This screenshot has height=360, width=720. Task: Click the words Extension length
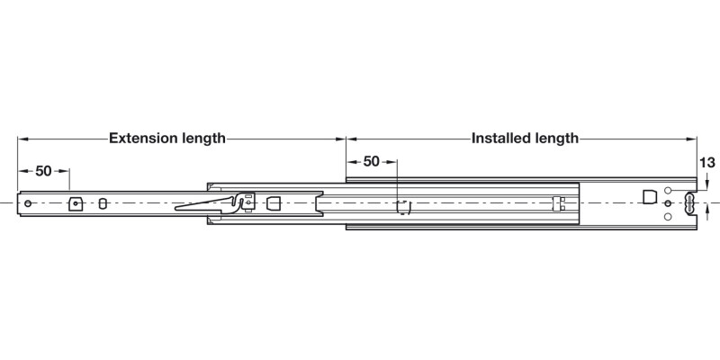click(166, 139)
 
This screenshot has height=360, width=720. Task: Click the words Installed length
click(525, 139)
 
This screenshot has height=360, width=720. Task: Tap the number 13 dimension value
click(706, 163)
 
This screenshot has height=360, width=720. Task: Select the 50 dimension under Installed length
click(371, 162)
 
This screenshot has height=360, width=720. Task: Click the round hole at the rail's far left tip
click(29, 203)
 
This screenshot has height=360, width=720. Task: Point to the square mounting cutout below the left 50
click(76, 203)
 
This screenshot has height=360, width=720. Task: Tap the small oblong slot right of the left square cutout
click(103, 203)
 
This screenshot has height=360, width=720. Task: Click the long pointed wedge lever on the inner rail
click(202, 207)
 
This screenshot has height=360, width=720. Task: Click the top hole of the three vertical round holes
click(667, 191)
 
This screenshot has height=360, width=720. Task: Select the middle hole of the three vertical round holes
click(667, 204)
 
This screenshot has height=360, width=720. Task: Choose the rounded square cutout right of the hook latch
click(274, 202)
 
